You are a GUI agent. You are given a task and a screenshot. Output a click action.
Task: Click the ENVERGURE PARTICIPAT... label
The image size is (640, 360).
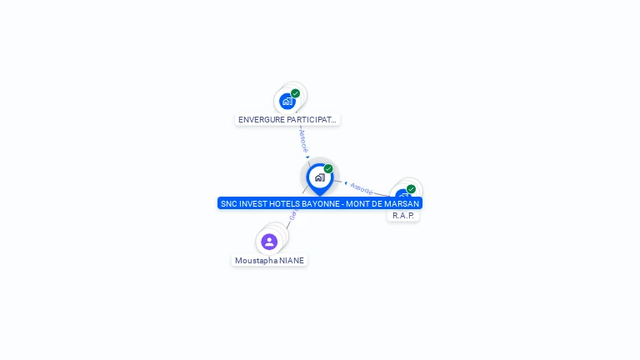pyautogui.click(x=287, y=119)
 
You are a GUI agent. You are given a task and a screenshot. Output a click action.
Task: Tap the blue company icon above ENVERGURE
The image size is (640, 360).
pyautogui.click(x=287, y=101)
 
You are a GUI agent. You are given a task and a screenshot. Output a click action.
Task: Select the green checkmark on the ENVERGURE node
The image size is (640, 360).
pyautogui.click(x=296, y=93)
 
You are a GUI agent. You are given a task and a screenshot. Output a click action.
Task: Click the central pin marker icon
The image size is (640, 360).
pyautogui.click(x=319, y=177)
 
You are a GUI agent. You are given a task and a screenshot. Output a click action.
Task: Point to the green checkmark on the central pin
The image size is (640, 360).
pyautogui.click(x=328, y=169)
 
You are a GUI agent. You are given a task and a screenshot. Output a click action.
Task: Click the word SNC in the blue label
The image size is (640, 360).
pyautogui.click(x=228, y=203)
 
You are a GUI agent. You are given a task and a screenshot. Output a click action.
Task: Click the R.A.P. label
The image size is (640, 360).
pyautogui.click(x=403, y=215)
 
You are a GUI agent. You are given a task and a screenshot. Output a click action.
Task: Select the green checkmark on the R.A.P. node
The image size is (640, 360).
pyautogui.click(x=411, y=189)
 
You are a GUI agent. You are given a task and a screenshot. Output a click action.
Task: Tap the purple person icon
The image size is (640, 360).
pyautogui.click(x=269, y=242)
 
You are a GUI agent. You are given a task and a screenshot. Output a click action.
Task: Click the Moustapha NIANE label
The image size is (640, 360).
pyautogui.click(x=269, y=260)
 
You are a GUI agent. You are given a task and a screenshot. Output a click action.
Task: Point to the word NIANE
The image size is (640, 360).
pyautogui.click(x=292, y=260)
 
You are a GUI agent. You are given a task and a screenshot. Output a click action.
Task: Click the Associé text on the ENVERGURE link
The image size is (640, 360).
pyautogui.click(x=303, y=139)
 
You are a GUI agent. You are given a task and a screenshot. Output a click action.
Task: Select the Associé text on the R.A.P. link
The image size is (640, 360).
pyautogui.click(x=362, y=187)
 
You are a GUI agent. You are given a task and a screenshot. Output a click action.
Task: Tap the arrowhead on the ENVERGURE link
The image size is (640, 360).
pyautogui.click(x=307, y=157)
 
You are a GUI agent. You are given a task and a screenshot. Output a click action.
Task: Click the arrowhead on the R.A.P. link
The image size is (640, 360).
pyautogui.click(x=345, y=182)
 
